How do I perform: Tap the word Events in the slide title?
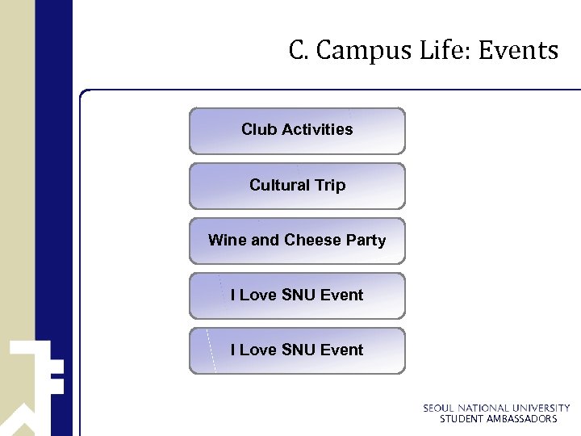[518, 52]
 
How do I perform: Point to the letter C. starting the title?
[299, 52]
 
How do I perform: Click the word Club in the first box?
[259, 129]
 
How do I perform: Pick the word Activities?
[317, 129]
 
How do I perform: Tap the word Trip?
[330, 185]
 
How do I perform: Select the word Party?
[366, 240]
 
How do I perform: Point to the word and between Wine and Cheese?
[265, 240]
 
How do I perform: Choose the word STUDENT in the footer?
[462, 419]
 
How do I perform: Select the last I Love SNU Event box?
[297, 350]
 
